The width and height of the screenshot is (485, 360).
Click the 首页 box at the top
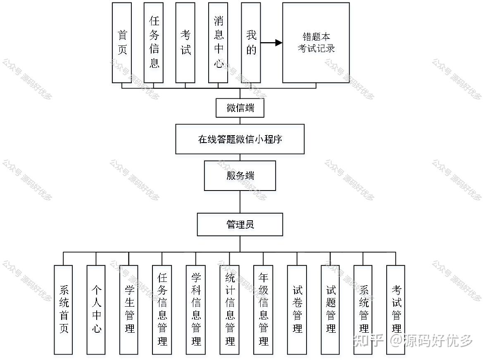tap(122, 43)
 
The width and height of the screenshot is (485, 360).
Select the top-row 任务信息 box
tap(154, 43)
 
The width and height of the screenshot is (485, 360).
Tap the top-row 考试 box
tap(185, 43)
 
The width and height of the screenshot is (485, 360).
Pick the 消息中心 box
tap(218, 43)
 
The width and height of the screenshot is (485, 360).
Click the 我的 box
tap(251, 43)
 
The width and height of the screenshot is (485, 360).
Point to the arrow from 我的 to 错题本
tap(271, 43)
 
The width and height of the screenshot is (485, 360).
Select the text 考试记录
tap(316, 48)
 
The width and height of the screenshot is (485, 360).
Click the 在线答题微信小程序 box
tap(240, 139)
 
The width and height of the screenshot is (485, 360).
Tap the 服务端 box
tap(240, 176)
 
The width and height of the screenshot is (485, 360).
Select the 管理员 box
tap(240, 224)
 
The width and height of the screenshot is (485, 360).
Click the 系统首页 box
tap(63, 310)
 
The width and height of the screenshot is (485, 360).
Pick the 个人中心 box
tap(96, 310)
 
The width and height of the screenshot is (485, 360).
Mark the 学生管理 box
tap(129, 310)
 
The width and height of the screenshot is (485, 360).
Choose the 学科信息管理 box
tap(196, 310)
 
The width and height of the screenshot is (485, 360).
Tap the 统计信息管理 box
tap(229, 310)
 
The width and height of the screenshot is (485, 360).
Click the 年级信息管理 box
tap(263, 310)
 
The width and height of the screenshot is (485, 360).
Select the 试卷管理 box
tap(297, 310)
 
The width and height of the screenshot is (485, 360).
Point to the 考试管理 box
tap(396, 310)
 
